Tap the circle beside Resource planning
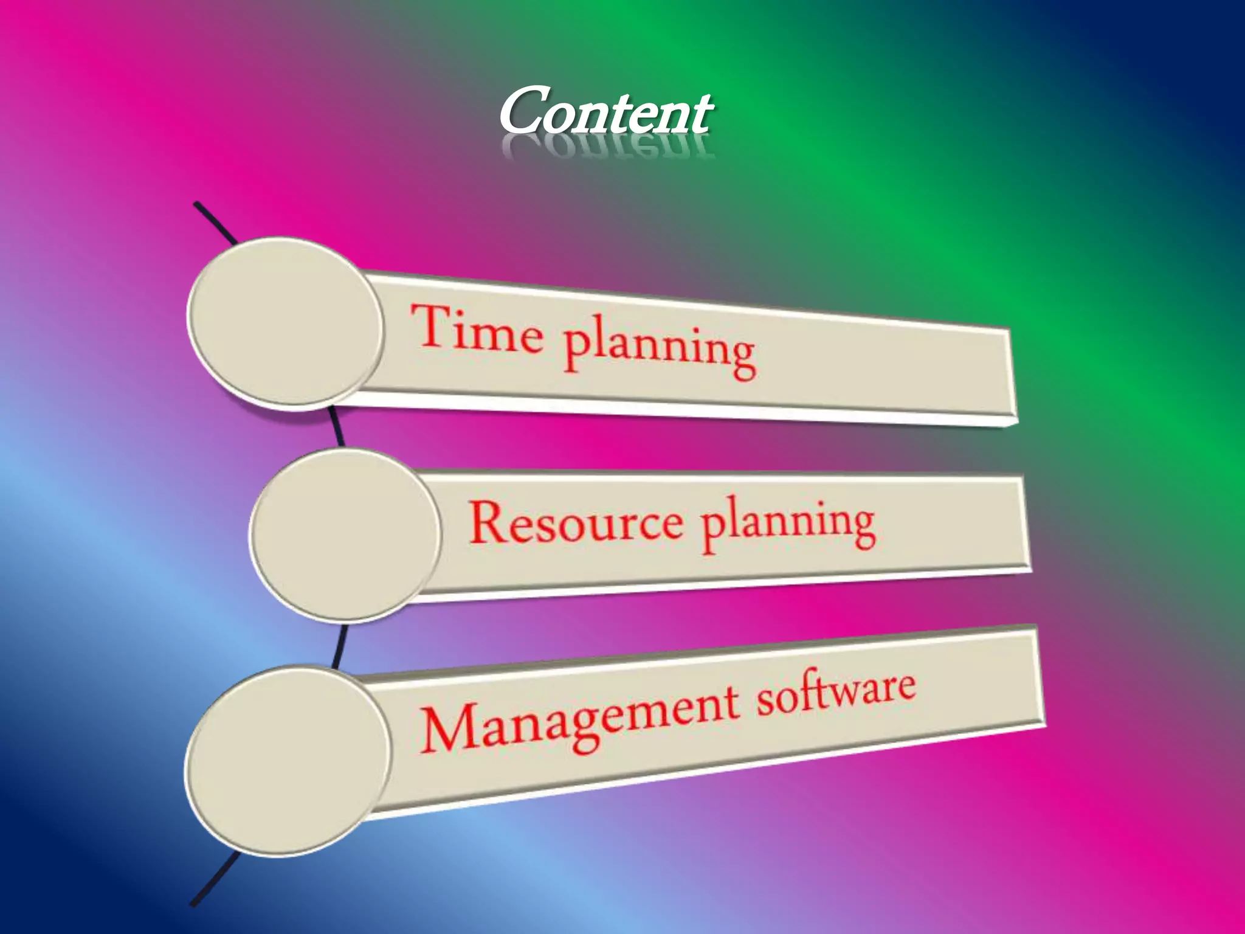click(344, 535)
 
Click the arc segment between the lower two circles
click(340, 645)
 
